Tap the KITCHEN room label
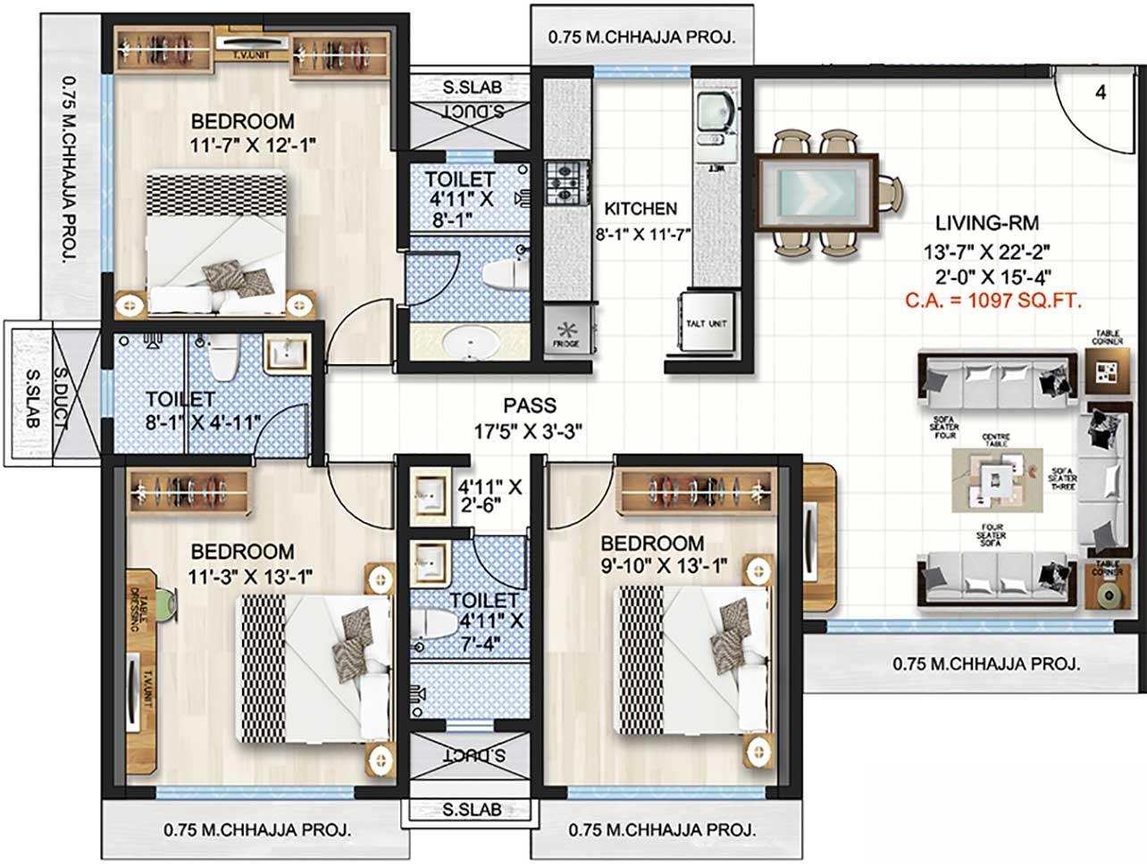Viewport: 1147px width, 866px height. [x=640, y=209]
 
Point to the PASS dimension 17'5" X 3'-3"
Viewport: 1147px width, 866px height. [x=529, y=430]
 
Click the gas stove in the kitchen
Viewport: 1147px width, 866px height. [x=564, y=182]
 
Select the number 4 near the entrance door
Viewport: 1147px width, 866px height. [x=1101, y=92]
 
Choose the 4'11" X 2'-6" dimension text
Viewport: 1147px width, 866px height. [x=490, y=495]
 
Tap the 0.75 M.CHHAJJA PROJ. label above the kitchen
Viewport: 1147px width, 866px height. [x=641, y=37]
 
